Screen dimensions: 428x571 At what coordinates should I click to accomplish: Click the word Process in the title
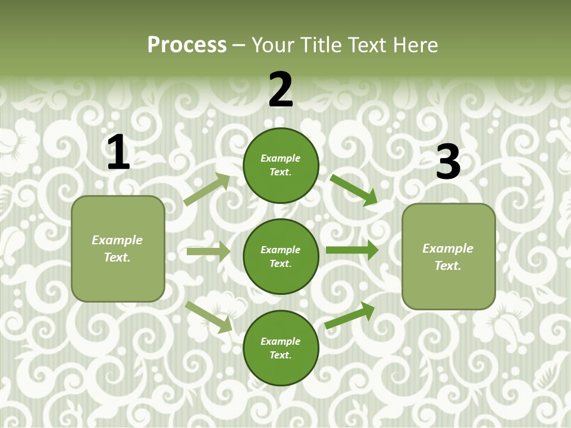pyautogui.click(x=187, y=45)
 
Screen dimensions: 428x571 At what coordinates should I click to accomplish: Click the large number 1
pyautogui.click(x=118, y=152)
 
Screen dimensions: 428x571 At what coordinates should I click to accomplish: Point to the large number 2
pyautogui.click(x=281, y=90)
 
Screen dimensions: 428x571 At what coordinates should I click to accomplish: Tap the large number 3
pyautogui.click(x=448, y=162)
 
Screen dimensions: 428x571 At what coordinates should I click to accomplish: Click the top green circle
pyautogui.click(x=281, y=165)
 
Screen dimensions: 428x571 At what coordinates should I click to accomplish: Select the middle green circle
pyautogui.click(x=281, y=256)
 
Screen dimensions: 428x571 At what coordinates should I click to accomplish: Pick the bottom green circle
pyautogui.click(x=281, y=348)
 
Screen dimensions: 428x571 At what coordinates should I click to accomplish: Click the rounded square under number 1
pyautogui.click(x=118, y=248)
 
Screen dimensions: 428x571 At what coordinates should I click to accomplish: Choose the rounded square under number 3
pyautogui.click(x=448, y=256)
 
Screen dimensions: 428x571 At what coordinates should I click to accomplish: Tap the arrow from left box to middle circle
pyautogui.click(x=208, y=251)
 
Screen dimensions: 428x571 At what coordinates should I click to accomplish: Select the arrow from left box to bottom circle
pyautogui.click(x=209, y=316)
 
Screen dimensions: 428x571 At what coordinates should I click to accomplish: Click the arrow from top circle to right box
pyautogui.click(x=353, y=190)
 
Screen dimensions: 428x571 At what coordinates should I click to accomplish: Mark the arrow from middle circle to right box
pyautogui.click(x=352, y=250)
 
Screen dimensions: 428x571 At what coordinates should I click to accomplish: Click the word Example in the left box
pyautogui.click(x=117, y=240)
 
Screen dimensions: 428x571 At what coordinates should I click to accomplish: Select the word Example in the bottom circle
pyautogui.click(x=280, y=341)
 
